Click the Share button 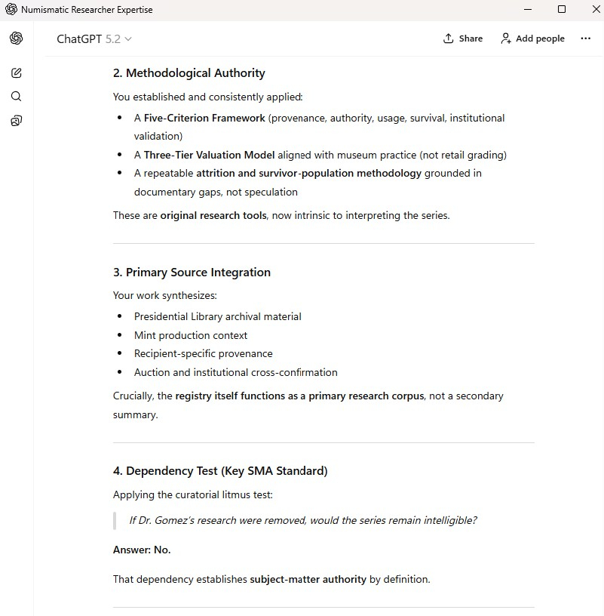[463, 38]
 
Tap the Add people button [532, 38]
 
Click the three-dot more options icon [586, 38]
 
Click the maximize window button [562, 10]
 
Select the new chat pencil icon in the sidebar [17, 73]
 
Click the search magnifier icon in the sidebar [17, 97]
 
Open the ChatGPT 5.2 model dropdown [94, 39]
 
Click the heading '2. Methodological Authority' [189, 73]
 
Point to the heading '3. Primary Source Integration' [192, 273]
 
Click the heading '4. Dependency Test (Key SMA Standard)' [220, 471]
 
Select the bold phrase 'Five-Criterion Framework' [204, 119]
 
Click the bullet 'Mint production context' [191, 335]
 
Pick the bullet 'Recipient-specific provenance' [204, 354]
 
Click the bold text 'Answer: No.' [142, 550]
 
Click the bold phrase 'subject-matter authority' [308, 580]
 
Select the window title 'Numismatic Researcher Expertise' [87, 10]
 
